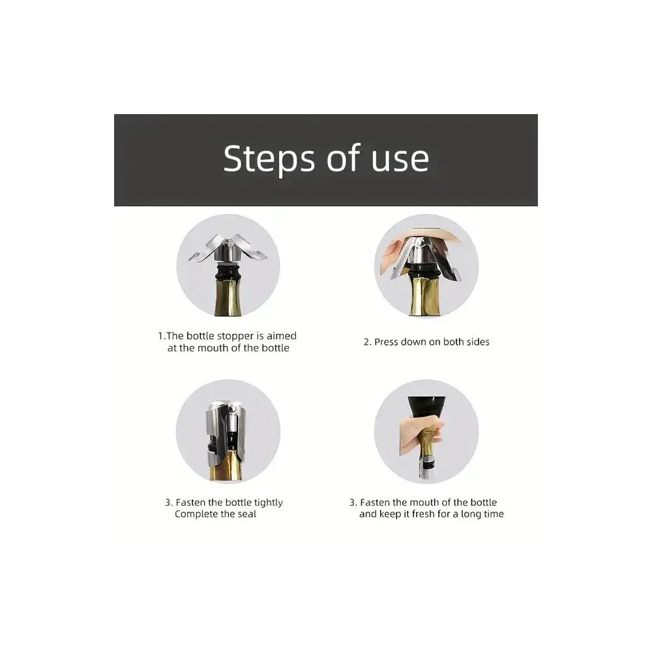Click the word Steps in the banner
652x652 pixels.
click(x=269, y=160)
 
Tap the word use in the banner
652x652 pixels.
click(x=400, y=160)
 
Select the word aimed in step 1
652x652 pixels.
click(x=282, y=336)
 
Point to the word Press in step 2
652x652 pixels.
click(x=386, y=342)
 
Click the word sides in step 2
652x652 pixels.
click(x=477, y=342)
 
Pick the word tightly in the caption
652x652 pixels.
click(x=268, y=503)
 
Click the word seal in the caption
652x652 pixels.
click(x=246, y=514)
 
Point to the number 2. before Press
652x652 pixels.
click(x=367, y=342)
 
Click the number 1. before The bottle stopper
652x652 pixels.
click(x=162, y=336)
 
